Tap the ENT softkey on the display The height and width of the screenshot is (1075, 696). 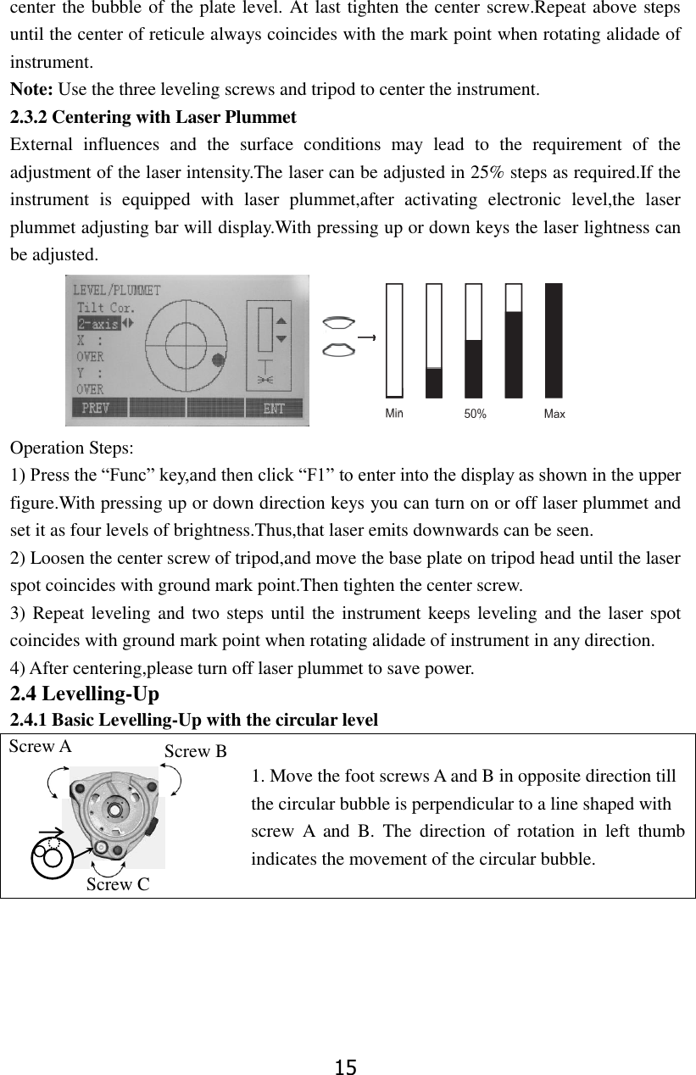tap(273, 408)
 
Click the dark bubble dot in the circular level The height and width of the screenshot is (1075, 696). tap(220, 359)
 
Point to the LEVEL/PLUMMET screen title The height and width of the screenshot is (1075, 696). tap(116, 290)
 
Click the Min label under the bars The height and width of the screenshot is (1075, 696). tap(394, 414)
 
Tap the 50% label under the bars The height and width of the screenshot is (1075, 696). tap(475, 415)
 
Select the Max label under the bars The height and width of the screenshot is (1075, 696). tap(554, 414)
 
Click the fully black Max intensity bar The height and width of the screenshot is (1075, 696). tap(554, 340)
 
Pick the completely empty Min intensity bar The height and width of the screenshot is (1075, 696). tap(394, 340)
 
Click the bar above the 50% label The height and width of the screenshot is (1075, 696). tap(474, 340)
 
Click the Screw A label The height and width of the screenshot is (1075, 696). tap(41, 747)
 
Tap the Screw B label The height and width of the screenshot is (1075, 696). tap(195, 751)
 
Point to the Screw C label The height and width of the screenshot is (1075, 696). tap(118, 884)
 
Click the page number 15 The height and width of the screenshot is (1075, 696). tap(346, 1067)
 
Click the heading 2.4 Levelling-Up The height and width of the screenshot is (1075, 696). tap(84, 694)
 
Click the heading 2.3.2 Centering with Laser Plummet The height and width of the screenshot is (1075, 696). tap(153, 116)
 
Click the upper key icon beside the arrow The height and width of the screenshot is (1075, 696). tap(339, 322)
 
